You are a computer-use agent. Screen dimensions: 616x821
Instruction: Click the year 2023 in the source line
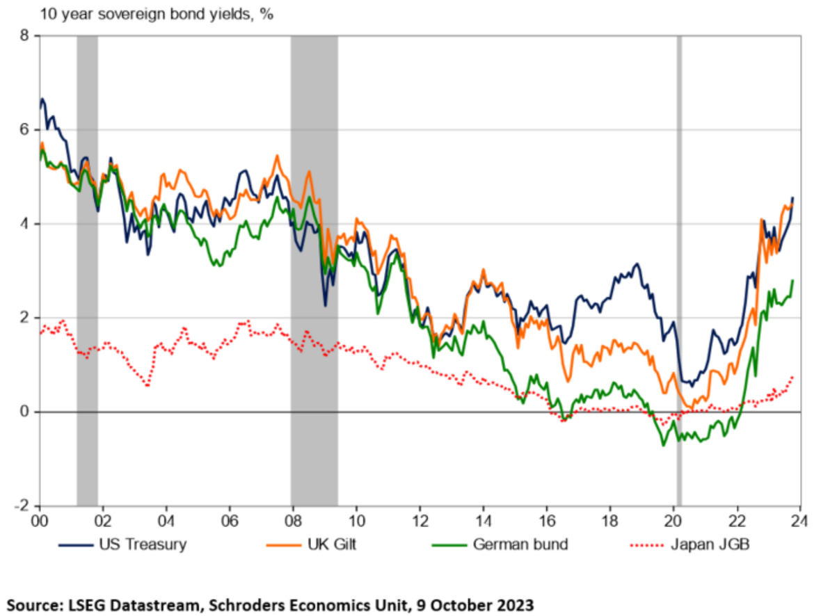point(514,603)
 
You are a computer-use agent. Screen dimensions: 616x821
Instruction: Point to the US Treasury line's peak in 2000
point(43,99)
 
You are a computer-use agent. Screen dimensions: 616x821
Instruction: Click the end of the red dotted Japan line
point(792,377)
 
